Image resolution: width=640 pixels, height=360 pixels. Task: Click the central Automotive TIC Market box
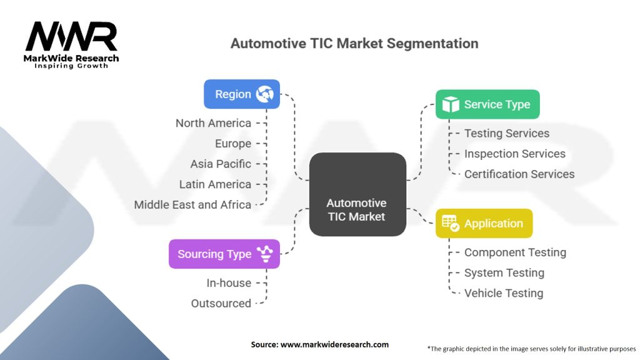(357, 194)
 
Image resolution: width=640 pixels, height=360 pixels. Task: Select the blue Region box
(242, 94)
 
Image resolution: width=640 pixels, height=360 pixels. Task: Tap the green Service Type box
(487, 104)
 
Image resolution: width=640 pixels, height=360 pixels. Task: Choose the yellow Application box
(484, 223)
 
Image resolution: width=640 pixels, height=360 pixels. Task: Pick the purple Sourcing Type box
(224, 254)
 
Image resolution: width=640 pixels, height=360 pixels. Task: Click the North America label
(213, 123)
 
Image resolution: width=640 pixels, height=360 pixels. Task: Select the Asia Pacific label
(221, 164)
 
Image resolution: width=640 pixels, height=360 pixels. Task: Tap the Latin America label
(215, 184)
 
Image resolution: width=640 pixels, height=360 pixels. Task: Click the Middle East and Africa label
(192, 204)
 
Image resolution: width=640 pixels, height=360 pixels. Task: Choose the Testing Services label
(507, 133)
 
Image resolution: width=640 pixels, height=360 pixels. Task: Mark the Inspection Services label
(514, 154)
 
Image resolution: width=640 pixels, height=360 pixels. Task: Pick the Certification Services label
(519, 174)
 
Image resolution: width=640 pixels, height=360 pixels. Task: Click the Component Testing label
(515, 252)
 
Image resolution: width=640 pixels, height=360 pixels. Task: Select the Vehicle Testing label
(504, 293)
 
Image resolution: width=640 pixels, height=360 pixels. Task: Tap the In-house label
(229, 283)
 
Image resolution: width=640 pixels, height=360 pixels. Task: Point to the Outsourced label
(221, 303)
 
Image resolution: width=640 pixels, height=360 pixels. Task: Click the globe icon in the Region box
(265, 94)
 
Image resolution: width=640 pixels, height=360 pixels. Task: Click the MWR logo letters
(71, 37)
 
